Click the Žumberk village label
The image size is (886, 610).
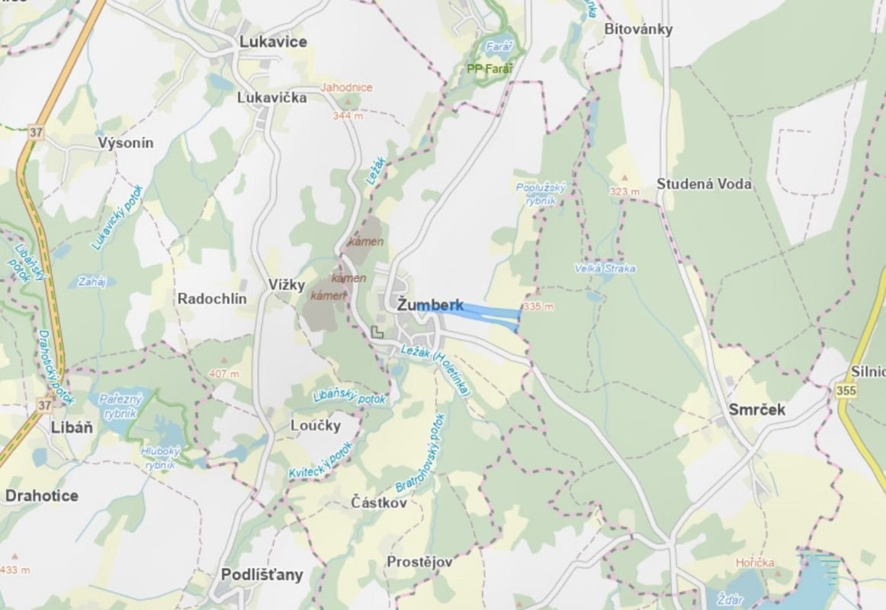click(x=430, y=306)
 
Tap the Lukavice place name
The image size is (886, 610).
click(x=273, y=42)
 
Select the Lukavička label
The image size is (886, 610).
click(x=271, y=98)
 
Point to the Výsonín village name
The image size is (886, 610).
click(x=126, y=143)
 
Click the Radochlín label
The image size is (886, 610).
click(x=212, y=299)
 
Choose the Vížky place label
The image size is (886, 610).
click(x=287, y=285)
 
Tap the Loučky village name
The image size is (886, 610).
click(x=316, y=425)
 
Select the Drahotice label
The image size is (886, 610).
click(x=41, y=496)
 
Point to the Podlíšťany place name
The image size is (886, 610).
click(x=262, y=575)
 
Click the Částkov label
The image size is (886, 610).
click(x=379, y=502)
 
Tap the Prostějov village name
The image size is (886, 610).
click(x=419, y=562)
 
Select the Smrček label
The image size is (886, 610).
click(x=756, y=409)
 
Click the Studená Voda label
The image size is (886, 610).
click(x=704, y=184)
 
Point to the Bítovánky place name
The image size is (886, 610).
click(x=638, y=29)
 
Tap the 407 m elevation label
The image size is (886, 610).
click(x=224, y=374)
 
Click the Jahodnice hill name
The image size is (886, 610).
click(x=346, y=88)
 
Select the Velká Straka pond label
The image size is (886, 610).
click(x=605, y=268)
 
